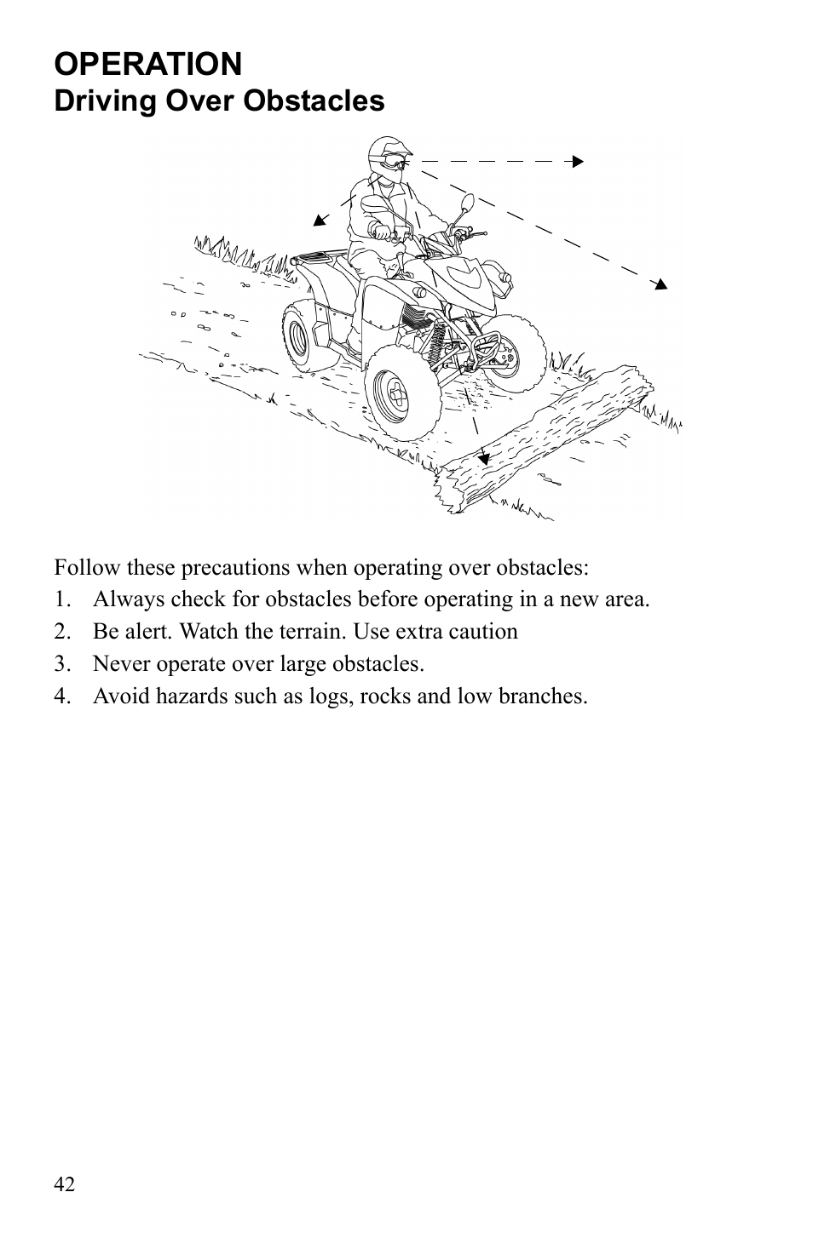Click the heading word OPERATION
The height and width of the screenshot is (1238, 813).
pyautogui.click(x=148, y=64)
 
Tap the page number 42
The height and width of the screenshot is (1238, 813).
pyautogui.click(x=65, y=1184)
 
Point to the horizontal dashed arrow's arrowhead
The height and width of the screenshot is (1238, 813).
pyautogui.click(x=579, y=160)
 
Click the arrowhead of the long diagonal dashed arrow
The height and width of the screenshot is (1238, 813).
pyautogui.click(x=660, y=284)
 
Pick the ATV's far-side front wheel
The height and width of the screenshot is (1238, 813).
pyautogui.click(x=511, y=354)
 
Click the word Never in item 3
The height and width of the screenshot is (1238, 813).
pyautogui.click(x=119, y=664)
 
